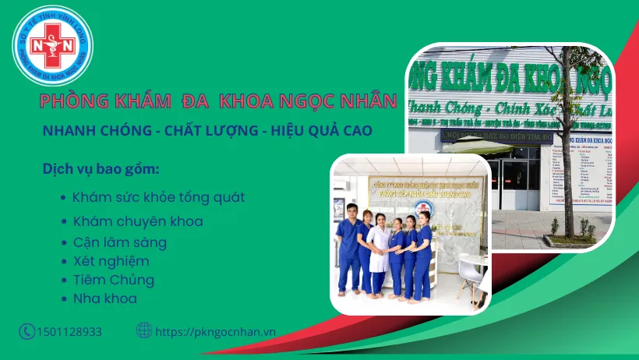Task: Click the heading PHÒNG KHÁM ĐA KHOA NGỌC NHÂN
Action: click(218, 101)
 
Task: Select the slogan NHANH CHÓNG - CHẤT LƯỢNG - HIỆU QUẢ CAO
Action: click(207, 129)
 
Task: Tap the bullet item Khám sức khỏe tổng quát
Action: click(158, 197)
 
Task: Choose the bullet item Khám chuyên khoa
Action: click(137, 221)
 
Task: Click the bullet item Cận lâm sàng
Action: click(119, 242)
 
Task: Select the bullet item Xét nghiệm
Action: click(111, 261)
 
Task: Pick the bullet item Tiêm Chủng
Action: click(113, 280)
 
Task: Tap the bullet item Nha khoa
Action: click(104, 298)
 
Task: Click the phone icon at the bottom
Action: click(27, 331)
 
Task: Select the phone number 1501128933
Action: click(69, 332)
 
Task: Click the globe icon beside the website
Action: click(144, 330)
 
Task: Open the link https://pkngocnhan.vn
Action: click(215, 331)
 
